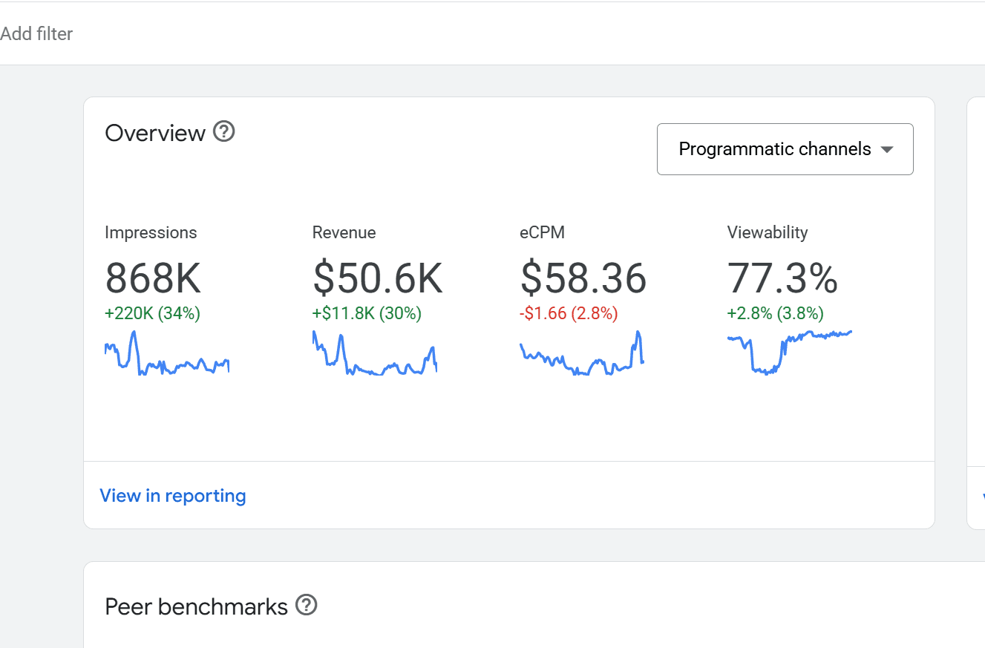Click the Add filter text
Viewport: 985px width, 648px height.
coord(36,33)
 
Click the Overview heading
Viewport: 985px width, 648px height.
coord(155,133)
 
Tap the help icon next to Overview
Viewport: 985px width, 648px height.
coord(223,132)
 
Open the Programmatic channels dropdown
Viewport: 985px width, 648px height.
coord(774,149)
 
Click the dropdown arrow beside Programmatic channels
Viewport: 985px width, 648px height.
coord(886,149)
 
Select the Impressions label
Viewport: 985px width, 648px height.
coord(151,232)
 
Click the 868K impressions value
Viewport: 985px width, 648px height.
coord(153,278)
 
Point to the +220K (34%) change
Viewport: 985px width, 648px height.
coord(152,313)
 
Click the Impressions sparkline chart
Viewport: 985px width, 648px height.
coord(167,354)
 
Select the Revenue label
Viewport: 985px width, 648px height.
coord(344,232)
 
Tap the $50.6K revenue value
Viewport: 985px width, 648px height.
coord(377,278)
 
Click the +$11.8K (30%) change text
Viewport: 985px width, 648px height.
coord(367,313)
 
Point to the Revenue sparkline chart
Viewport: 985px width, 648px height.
coord(374,356)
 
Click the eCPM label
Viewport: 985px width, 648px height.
coord(542,232)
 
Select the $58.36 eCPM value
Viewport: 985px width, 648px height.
coord(583,278)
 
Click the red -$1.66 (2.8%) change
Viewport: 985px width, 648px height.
coord(569,313)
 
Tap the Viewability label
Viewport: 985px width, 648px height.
coord(768,232)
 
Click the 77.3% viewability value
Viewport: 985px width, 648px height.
coord(782,278)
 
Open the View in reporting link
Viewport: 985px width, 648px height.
coord(173,496)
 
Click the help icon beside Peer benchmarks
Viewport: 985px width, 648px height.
coord(306,606)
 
